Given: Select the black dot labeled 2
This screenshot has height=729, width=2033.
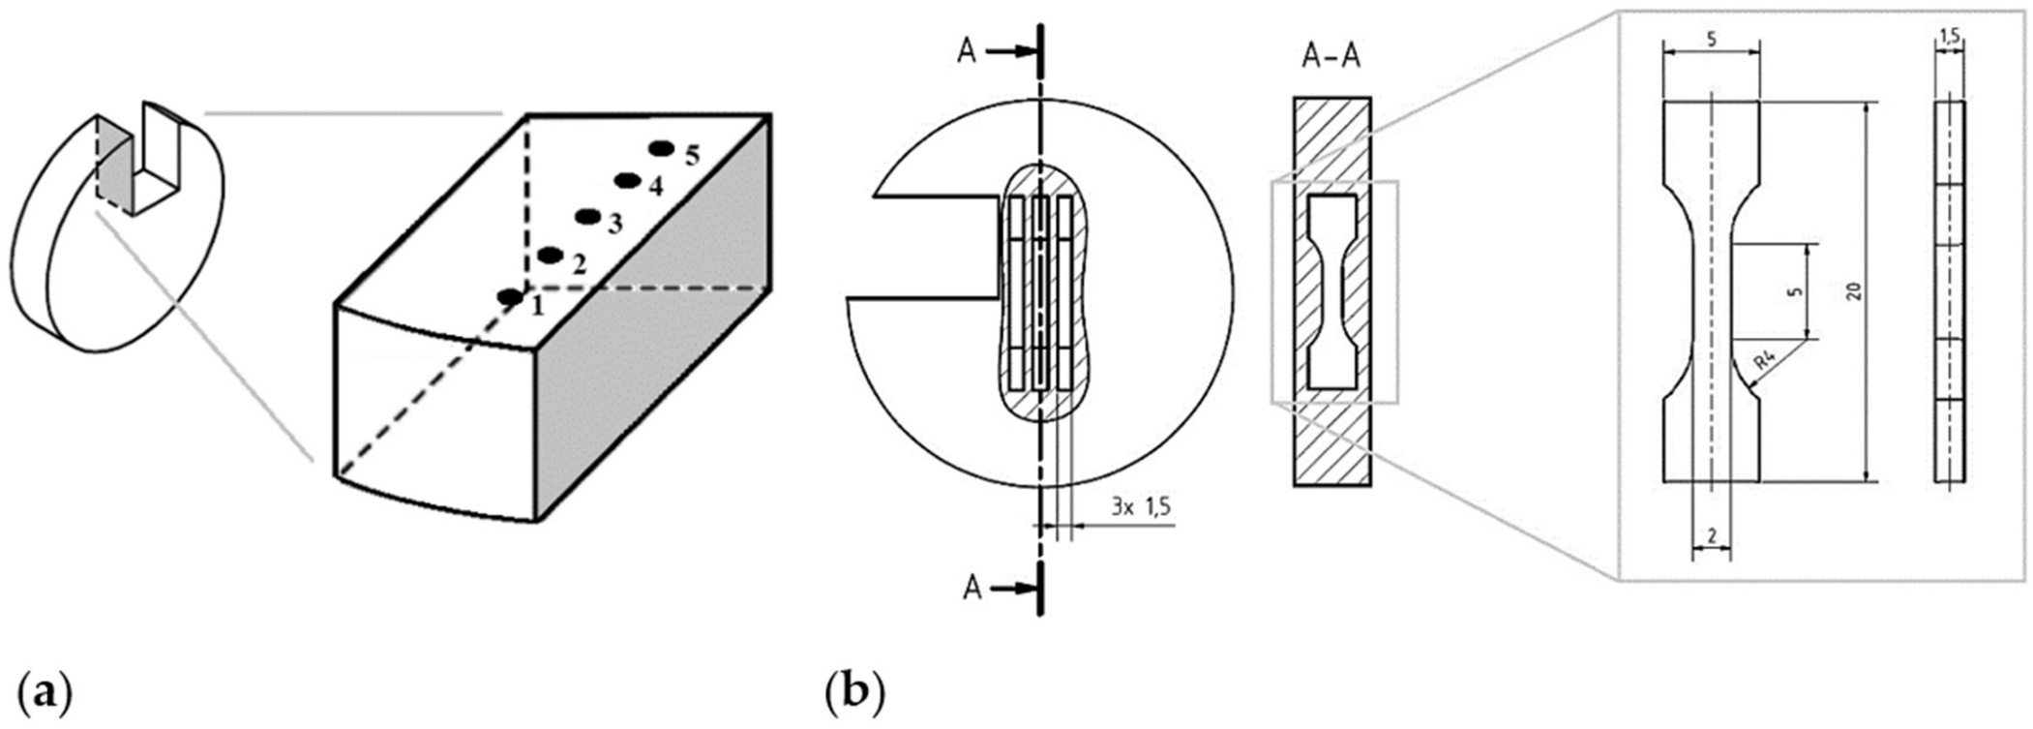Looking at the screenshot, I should (550, 256).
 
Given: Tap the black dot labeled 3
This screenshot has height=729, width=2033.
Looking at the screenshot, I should (586, 217).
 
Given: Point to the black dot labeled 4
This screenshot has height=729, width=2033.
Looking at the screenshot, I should (628, 180).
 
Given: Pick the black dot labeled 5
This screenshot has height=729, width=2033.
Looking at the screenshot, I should (662, 148).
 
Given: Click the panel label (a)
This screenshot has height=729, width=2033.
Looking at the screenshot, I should (45, 693).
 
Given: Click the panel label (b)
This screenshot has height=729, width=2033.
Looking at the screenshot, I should (852, 693).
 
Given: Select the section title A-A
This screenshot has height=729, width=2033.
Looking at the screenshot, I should (1330, 57).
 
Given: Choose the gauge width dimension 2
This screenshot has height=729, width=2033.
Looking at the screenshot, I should (1711, 535).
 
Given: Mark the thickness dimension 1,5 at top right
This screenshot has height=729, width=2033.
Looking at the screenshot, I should (1949, 37).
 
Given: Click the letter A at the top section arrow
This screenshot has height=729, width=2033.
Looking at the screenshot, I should (967, 52).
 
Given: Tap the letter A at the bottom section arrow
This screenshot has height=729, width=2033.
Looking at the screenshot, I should (972, 588).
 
